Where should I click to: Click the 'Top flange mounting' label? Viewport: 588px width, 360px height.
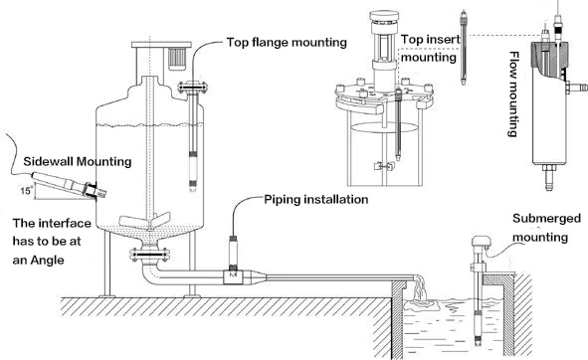point(287,42)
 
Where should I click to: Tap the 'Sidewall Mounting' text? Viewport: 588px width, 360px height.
point(78,162)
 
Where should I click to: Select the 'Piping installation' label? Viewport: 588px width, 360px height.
point(316,199)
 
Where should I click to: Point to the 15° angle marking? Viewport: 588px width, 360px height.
point(26,191)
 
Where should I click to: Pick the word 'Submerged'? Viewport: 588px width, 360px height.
point(547,219)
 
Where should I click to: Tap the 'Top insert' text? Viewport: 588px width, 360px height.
point(431,40)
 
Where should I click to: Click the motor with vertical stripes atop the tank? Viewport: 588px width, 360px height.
point(178,59)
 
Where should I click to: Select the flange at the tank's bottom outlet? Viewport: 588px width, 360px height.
point(149,255)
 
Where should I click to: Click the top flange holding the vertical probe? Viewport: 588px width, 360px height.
point(193,88)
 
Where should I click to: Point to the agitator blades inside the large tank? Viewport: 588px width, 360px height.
point(144,221)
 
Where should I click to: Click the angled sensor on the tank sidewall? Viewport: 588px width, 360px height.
point(69,184)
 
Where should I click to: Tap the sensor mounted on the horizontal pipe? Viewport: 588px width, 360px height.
point(233,254)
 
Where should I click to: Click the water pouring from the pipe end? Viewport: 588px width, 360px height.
point(421,293)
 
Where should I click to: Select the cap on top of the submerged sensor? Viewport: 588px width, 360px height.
point(482,242)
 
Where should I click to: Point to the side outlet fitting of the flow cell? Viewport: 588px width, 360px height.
point(577,88)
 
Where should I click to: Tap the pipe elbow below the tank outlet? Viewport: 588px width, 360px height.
point(150,273)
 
